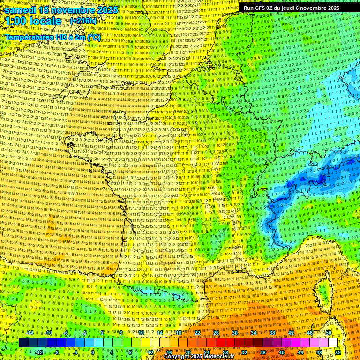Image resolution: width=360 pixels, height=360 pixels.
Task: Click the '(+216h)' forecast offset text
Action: point(84,22)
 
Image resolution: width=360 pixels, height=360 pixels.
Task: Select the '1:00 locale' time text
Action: point(33,21)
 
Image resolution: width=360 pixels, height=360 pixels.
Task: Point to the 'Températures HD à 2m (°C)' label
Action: point(52,37)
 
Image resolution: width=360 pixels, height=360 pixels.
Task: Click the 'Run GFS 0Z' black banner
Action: point(291,8)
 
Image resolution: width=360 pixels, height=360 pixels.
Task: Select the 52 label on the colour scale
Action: point(338,352)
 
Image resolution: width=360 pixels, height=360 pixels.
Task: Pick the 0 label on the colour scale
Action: point(92,352)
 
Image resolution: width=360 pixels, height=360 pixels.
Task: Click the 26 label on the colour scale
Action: point(216,333)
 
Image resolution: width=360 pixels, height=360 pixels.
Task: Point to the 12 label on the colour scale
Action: point(150,352)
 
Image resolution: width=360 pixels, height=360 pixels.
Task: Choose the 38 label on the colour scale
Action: point(272,333)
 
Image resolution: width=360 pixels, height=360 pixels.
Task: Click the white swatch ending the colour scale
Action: point(333,342)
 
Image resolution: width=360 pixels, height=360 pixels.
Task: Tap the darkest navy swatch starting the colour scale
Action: point(24,342)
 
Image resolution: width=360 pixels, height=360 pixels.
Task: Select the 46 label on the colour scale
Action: point(310,333)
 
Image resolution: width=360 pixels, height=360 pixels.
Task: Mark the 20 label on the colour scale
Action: point(188,352)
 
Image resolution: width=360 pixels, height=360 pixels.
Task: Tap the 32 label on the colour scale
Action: point(244,352)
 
